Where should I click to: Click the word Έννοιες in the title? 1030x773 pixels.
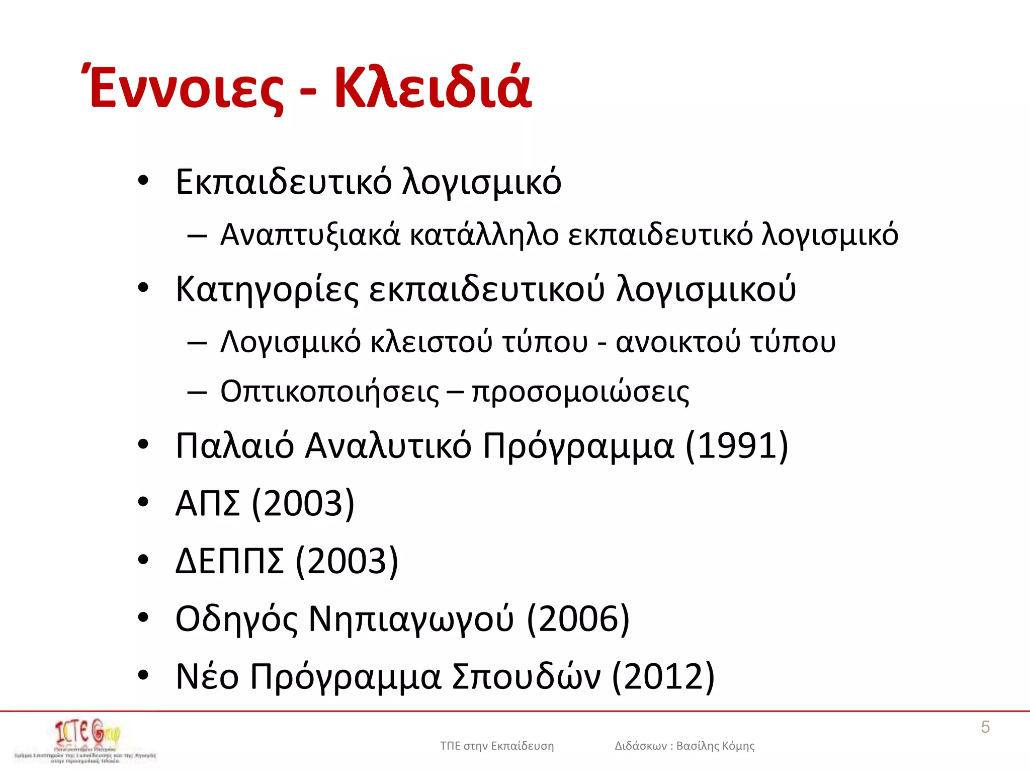pos(186,88)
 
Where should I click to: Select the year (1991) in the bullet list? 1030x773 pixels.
pos(737,446)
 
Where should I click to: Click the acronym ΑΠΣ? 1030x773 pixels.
pos(207,503)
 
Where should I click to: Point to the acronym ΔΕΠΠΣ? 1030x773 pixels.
pos(229,561)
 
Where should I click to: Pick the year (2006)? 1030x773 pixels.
pos(578,619)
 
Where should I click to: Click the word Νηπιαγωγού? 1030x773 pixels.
pos(411,619)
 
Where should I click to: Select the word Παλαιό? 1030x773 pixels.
pos(234,446)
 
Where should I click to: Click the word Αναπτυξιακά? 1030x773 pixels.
pos(310,235)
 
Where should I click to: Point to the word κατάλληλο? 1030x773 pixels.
pos(484,235)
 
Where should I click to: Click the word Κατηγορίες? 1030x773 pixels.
pos(267,289)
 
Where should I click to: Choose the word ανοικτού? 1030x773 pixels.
pos(678,342)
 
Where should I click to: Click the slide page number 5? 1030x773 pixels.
pos(985,727)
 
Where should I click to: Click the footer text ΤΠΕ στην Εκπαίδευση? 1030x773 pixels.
pos(497,746)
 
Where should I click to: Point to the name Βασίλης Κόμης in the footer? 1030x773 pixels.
pos(715,746)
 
